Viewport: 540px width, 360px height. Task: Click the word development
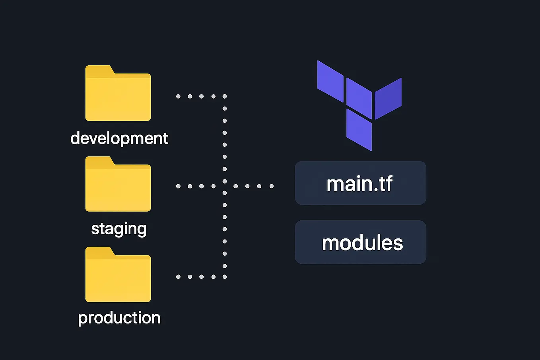119,138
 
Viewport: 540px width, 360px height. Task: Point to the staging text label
119,229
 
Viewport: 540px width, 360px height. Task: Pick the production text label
119,318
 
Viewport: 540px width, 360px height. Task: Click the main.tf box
360,183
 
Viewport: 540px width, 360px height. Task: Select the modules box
360,242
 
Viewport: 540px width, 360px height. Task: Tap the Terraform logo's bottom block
359,130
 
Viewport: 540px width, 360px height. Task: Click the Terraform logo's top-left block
330,81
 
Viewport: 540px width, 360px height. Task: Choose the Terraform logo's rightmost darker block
388,99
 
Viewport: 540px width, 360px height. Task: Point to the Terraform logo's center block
359,98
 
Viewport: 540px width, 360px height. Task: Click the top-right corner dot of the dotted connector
225,96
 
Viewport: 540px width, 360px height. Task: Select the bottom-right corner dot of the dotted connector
225,276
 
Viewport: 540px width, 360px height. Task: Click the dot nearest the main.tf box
272,186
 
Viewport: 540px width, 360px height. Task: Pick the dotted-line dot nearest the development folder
178,96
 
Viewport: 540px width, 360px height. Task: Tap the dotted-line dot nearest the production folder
178,276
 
